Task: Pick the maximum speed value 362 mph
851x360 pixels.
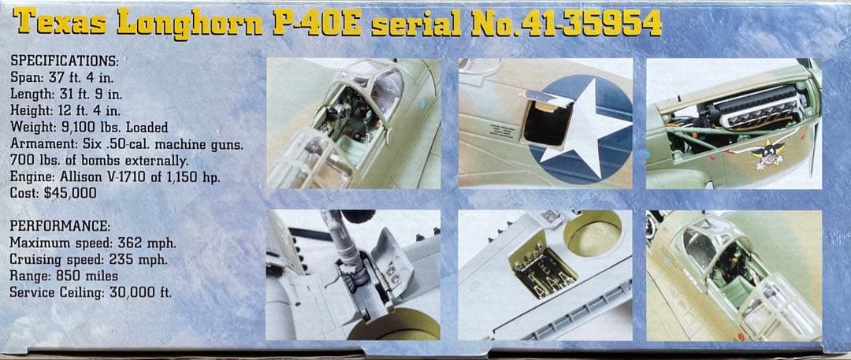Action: click(147, 243)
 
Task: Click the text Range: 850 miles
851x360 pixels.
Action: click(64, 276)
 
